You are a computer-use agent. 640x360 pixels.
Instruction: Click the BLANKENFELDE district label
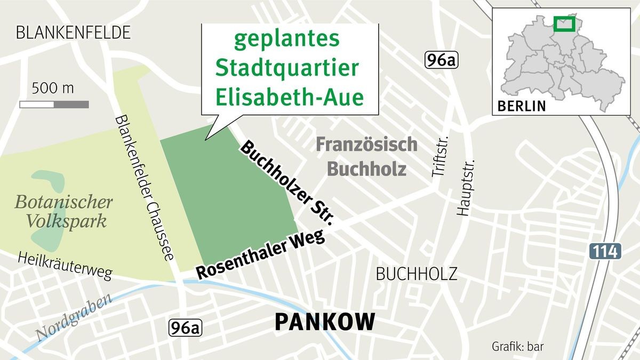73,33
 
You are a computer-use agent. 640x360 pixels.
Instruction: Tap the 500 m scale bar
54,104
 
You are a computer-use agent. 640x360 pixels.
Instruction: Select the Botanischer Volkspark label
63,212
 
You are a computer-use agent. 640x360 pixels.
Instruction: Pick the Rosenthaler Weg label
261,254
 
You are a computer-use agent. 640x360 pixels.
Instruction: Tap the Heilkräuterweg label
65,266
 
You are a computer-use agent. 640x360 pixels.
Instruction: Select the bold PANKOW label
325,322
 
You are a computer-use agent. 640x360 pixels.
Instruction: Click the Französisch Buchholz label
366,157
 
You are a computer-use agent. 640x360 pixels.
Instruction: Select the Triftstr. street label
438,155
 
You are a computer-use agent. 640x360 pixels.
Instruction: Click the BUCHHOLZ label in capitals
417,274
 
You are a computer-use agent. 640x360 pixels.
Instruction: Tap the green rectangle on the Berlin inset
564,23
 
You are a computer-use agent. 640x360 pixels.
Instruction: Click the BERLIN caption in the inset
522,106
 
